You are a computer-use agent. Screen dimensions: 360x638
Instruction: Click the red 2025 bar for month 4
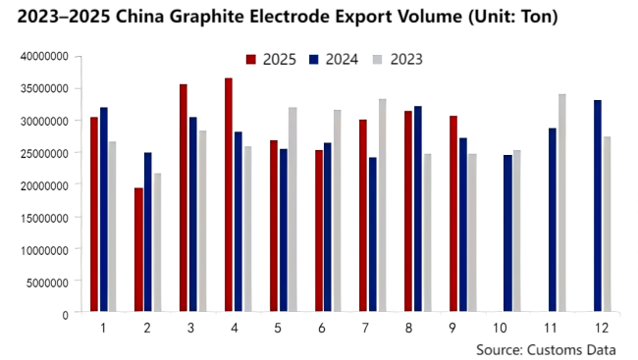[229, 196]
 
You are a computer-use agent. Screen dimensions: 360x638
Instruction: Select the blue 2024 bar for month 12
[597, 207]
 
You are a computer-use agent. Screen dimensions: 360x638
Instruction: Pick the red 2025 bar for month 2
[138, 251]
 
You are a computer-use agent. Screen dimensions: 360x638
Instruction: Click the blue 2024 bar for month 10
[508, 234]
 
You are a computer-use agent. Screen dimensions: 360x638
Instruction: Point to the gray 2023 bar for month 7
[381, 206]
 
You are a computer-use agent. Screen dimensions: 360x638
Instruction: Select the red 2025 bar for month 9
[452, 215]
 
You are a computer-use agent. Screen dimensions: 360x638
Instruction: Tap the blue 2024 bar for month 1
[104, 211]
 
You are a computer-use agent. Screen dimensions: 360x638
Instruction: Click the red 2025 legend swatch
[251, 60]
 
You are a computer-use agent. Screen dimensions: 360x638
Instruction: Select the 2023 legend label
[406, 60]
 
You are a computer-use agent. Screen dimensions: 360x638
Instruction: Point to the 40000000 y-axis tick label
[43, 56]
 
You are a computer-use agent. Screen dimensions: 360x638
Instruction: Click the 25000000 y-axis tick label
[43, 153]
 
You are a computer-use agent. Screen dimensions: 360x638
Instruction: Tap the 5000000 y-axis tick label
[46, 282]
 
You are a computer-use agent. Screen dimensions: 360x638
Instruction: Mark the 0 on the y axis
[64, 314]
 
